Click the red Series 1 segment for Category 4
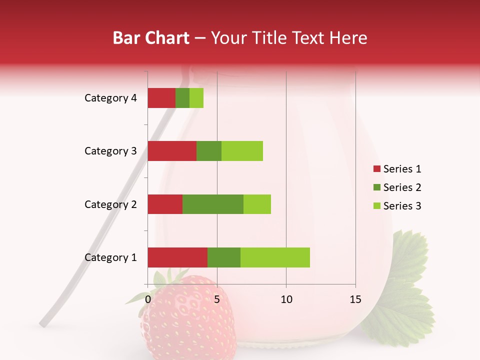tap(161, 98)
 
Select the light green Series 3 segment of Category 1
tap(275, 257)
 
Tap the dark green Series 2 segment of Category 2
tap(213, 204)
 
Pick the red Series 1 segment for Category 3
tap(172, 151)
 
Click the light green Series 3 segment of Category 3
tap(242, 151)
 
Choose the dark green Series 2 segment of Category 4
tap(182, 98)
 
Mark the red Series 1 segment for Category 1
tap(177, 257)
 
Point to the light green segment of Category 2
tap(257, 204)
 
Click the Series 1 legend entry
tap(397, 169)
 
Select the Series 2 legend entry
tap(397, 187)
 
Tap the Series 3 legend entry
tap(397, 206)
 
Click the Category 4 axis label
tap(110, 98)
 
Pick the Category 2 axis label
tap(110, 204)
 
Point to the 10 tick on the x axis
tap(286, 299)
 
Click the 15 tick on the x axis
tap(355, 299)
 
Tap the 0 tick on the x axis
tap(148, 299)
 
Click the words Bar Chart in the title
tap(151, 38)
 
